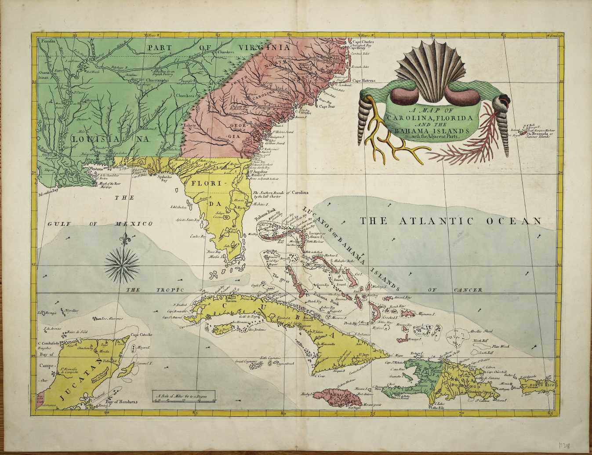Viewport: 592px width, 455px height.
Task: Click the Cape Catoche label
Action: pyautogui.click(x=142, y=335)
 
